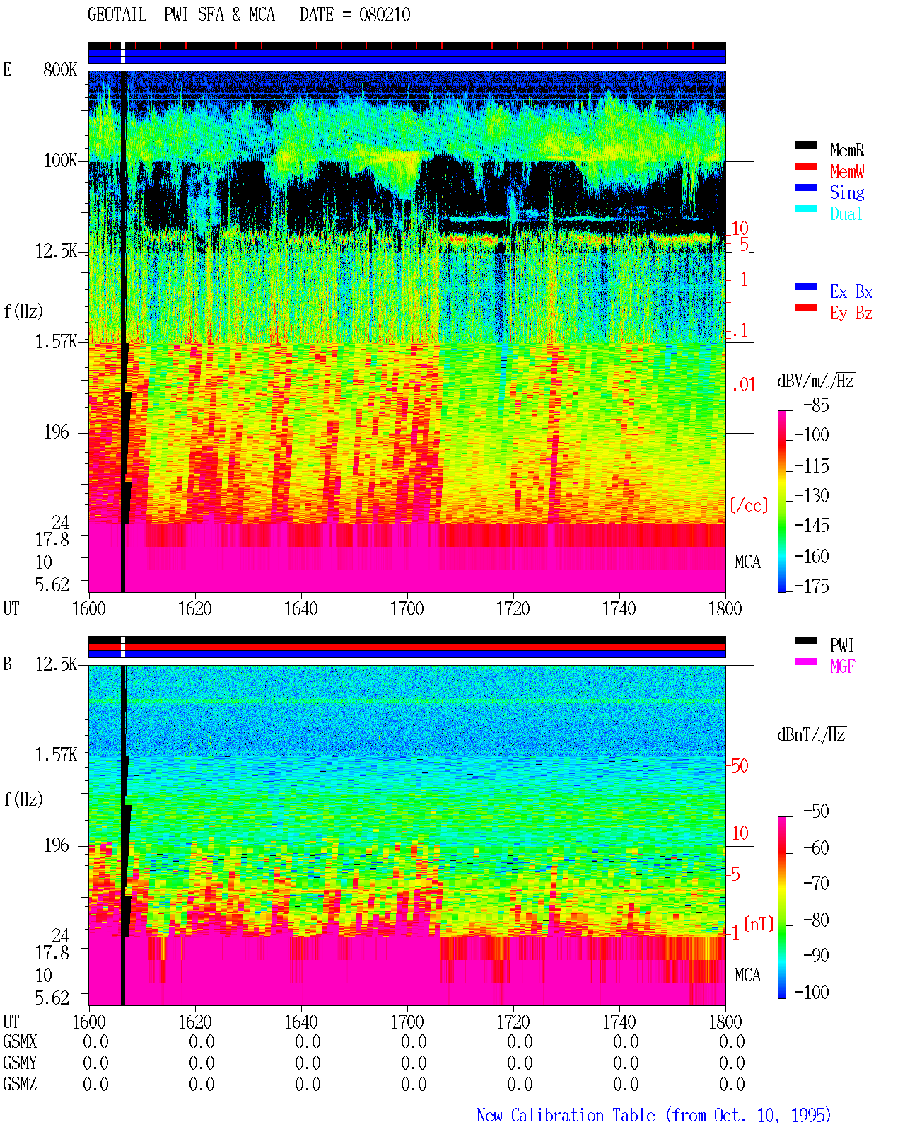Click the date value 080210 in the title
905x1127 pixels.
click(x=384, y=15)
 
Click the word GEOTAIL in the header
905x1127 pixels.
click(x=117, y=15)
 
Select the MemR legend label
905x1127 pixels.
click(x=847, y=150)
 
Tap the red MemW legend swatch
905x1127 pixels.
click(x=805, y=166)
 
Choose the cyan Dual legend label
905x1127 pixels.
click(x=846, y=214)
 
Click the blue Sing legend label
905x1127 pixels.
click(x=847, y=192)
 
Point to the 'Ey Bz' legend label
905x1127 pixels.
click(x=851, y=313)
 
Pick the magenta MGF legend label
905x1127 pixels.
click(x=842, y=666)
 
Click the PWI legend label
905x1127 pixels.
click(x=841, y=645)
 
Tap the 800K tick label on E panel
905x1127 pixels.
click(x=60, y=69)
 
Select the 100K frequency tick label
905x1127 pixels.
click(x=60, y=161)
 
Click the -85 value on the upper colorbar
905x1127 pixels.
click(x=816, y=405)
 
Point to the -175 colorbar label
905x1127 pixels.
click(x=812, y=586)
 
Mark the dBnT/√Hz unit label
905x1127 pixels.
click(x=811, y=735)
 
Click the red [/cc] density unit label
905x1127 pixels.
click(x=749, y=505)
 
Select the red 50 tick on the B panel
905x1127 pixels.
click(x=740, y=766)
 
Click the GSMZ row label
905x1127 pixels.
click(x=20, y=1084)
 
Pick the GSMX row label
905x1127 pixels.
click(x=20, y=1041)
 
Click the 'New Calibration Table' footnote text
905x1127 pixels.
click(x=566, y=1115)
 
